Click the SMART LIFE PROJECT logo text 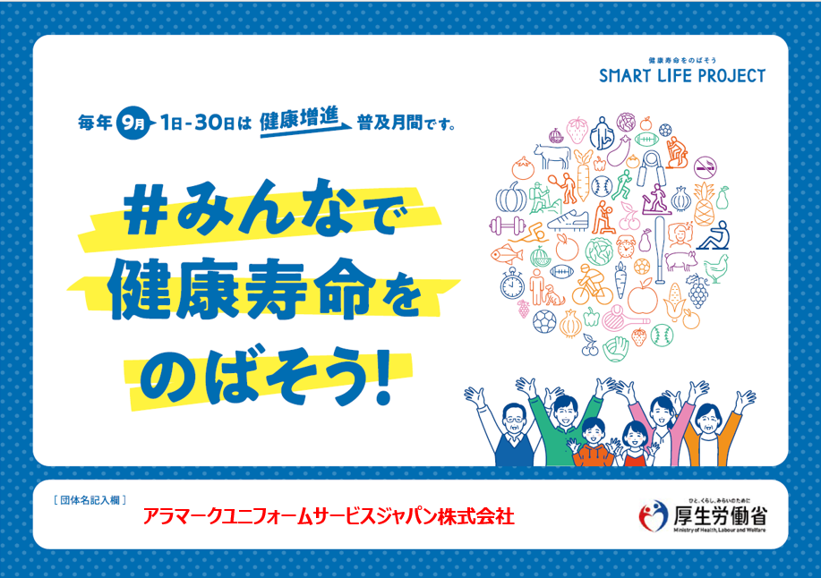(681, 76)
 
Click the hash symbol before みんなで (145, 216)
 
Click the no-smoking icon (705, 167)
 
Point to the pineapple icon (705, 204)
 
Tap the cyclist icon (592, 286)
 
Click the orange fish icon (507, 254)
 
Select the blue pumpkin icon (511, 197)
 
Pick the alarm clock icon (626, 247)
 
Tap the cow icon (552, 156)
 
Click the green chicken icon (715, 268)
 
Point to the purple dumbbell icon (508, 226)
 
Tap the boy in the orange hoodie (594, 443)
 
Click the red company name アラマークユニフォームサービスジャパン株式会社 (329, 517)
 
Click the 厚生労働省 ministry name (720, 516)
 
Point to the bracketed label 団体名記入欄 (90, 500)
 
